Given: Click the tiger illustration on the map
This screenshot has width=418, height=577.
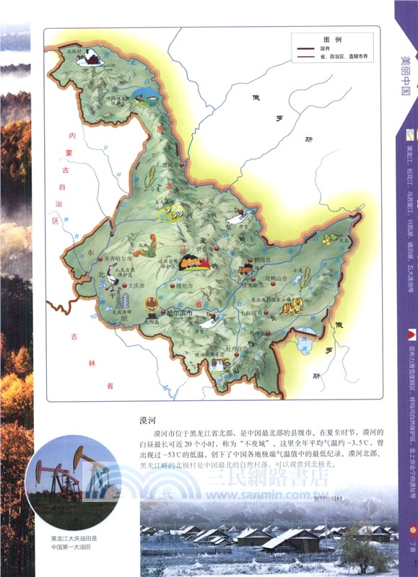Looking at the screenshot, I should tap(292, 307).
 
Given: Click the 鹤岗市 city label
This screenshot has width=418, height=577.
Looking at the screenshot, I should tap(262, 257).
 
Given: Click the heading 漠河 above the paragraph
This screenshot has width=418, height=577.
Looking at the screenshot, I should tap(149, 418).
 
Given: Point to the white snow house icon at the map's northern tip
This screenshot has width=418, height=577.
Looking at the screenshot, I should tap(90, 57).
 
